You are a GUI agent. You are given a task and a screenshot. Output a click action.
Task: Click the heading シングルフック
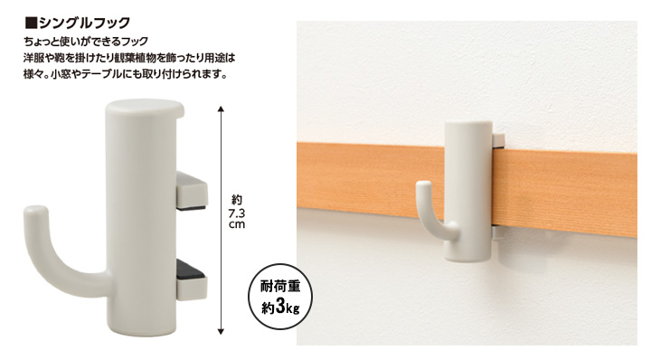[85, 23]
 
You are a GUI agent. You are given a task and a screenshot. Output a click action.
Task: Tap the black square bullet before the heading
[31, 23]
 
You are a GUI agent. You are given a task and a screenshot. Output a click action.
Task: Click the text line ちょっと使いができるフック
[86, 42]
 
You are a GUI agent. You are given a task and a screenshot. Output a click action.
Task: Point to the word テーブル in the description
[101, 75]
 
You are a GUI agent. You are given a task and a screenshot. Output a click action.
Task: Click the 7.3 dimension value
[237, 213]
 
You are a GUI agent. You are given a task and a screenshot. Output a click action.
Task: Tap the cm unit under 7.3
[237, 224]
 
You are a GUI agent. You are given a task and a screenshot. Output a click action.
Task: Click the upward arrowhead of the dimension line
[221, 109]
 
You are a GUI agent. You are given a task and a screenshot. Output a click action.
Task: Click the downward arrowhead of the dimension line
[221, 331]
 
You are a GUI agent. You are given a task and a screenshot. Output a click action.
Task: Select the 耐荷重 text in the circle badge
[280, 286]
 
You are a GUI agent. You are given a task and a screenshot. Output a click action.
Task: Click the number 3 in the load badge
[279, 308]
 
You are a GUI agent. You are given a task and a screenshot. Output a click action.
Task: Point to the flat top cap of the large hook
[145, 108]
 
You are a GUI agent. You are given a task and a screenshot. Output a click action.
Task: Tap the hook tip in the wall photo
[422, 185]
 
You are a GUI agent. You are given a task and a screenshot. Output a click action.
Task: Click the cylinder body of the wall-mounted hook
[468, 191]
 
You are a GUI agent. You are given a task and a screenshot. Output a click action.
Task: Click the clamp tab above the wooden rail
[498, 140]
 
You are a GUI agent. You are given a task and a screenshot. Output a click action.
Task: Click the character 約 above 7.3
[237, 200]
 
